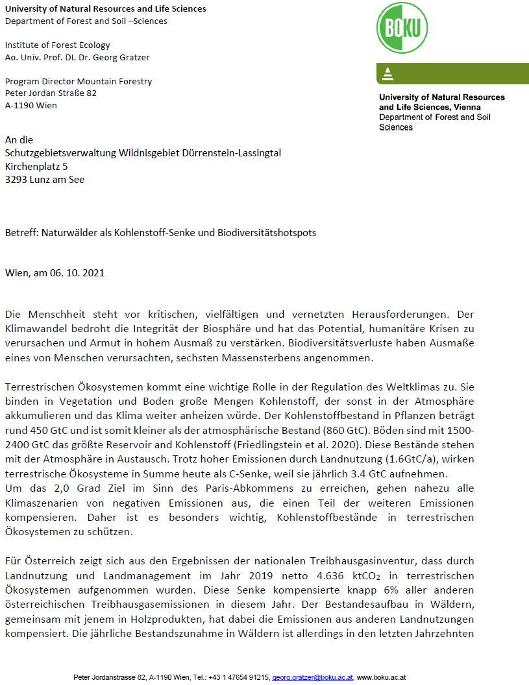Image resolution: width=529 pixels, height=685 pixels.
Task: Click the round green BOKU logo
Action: (403, 29)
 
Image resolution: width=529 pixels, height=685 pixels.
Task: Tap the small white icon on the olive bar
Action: (388, 74)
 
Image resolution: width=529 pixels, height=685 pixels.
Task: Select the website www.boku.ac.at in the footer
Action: (381, 677)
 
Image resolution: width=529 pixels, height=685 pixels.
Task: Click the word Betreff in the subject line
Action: (20, 232)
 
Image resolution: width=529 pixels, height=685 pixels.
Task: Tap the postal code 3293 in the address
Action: (16, 180)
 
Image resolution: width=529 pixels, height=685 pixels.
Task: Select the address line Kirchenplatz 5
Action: (36, 166)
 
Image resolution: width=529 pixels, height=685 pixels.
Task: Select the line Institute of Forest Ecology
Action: (58, 45)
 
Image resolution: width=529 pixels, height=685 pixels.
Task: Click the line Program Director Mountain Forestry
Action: (79, 81)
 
